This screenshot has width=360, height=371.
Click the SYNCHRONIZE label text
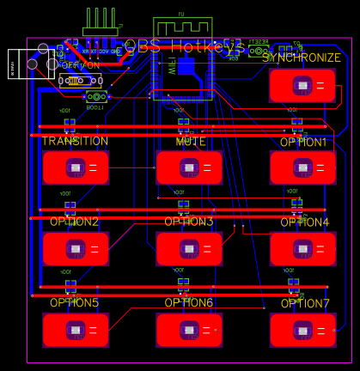(302, 58)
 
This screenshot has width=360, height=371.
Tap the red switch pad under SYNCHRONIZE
(302, 86)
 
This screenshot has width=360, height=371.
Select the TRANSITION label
(75, 141)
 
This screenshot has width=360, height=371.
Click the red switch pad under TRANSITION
(76, 167)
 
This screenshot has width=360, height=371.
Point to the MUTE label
(190, 141)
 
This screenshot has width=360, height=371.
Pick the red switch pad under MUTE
(189, 167)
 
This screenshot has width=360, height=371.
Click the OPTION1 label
(303, 142)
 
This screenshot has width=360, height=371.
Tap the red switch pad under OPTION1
(302, 167)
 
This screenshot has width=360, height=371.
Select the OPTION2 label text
(74, 222)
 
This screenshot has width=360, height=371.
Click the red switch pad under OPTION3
(189, 248)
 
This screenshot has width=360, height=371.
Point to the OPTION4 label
(304, 222)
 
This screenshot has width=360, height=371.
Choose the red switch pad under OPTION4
(302, 248)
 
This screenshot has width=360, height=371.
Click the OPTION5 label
(74, 302)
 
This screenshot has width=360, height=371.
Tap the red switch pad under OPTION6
(189, 330)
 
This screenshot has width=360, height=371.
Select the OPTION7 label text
(305, 304)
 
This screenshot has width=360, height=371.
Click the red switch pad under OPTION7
(302, 330)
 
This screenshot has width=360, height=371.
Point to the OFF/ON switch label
(78, 65)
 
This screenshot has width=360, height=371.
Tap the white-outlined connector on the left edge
(24, 64)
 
